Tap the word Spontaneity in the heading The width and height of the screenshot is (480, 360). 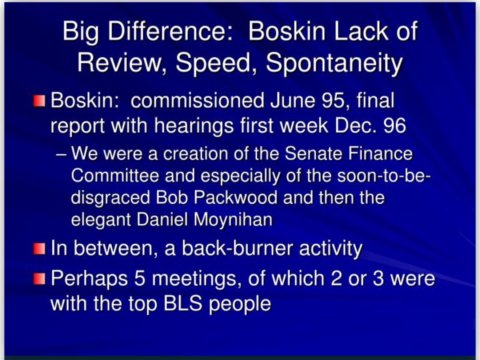334,63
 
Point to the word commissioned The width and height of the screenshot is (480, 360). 197,101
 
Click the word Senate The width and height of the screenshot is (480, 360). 313,153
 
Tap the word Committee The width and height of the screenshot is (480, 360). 115,176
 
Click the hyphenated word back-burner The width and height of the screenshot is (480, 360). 237,248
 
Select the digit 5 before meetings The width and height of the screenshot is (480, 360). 140,278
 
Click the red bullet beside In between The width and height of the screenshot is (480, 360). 39,249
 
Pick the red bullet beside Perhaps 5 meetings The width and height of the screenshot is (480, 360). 39,279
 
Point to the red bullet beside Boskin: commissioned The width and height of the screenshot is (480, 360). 39,101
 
